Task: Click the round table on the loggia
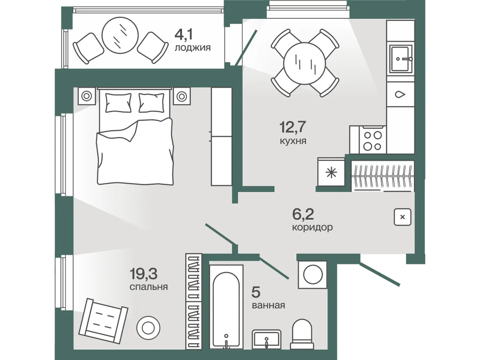120,36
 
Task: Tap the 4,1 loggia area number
183,35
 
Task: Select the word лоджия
192,48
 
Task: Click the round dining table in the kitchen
305,63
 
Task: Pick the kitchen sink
400,59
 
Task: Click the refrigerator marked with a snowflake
331,172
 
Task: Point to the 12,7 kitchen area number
293,127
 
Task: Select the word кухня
293,141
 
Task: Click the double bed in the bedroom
135,136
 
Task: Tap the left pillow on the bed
118,103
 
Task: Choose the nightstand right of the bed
182,96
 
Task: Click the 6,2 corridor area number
303,214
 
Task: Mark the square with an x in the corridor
403,217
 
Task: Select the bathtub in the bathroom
227,306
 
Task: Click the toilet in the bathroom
302,334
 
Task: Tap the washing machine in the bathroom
313,274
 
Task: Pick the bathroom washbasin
266,339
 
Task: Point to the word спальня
148,287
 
